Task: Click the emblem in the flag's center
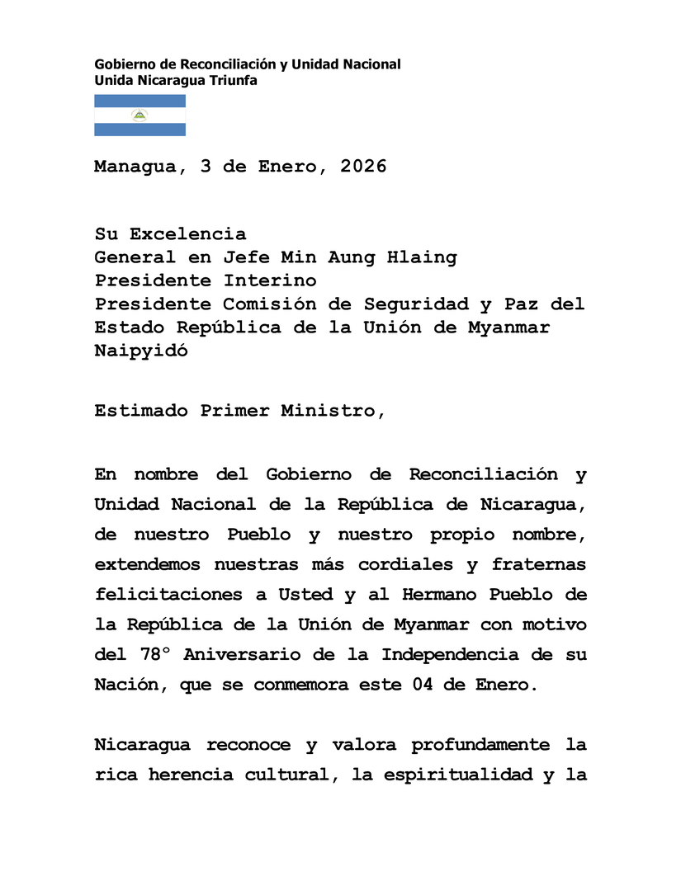click(x=140, y=115)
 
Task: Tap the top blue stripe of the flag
click(x=140, y=101)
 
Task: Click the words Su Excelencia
click(x=170, y=234)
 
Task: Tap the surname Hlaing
click(x=421, y=257)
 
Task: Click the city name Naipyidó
click(x=141, y=350)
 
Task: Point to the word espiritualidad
click(x=443, y=775)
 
